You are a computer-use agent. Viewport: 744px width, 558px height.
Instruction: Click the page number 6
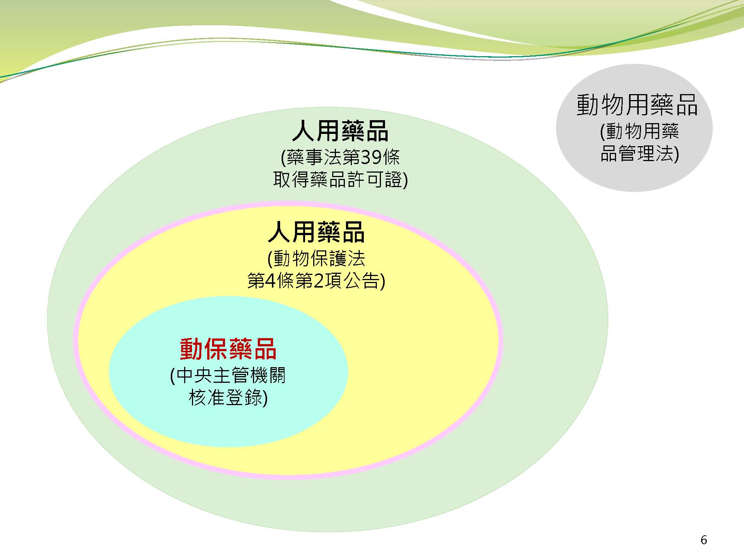703,540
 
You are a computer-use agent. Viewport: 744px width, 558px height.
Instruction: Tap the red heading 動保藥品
228,349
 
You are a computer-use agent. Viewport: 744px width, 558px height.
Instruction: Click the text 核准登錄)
228,398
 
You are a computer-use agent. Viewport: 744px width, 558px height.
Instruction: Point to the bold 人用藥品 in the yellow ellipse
316,232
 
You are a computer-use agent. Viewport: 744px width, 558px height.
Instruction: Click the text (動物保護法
316,258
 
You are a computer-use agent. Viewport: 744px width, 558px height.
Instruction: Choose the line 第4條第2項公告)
316,281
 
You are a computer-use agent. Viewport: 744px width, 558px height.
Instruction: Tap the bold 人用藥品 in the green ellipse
340,131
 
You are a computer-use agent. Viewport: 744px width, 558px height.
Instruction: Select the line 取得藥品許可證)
340,180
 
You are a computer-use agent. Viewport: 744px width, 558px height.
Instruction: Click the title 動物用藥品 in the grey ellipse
637,105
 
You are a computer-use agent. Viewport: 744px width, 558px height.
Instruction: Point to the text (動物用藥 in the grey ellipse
639,131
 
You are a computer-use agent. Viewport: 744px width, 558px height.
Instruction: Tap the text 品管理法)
639,154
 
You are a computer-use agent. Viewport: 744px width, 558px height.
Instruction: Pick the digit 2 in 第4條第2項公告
319,281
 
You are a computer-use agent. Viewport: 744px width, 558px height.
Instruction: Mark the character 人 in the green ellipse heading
304,131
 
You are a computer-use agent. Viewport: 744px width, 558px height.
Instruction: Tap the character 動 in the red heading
192,349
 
